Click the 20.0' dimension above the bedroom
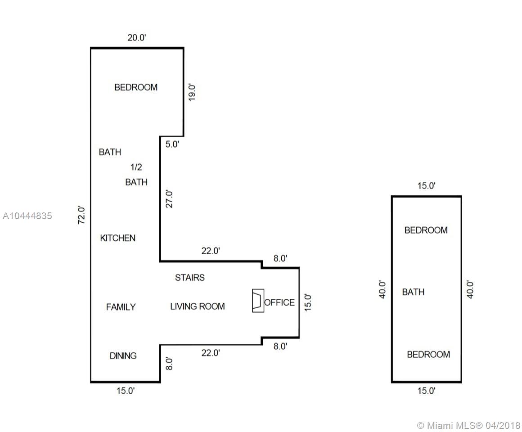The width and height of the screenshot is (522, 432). [x=137, y=38]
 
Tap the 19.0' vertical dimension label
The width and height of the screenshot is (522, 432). [x=192, y=92]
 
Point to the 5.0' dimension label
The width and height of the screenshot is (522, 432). [x=172, y=144]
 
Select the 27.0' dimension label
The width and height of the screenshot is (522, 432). [x=169, y=199]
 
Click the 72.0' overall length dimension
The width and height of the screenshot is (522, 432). [x=81, y=215]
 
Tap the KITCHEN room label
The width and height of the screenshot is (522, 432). [x=118, y=238]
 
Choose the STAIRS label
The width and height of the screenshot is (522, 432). [x=190, y=278]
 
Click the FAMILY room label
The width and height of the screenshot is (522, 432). [x=121, y=307]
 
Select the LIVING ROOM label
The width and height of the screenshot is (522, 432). [x=198, y=306]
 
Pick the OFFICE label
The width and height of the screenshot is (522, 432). [x=279, y=302]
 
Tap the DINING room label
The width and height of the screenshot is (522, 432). [x=123, y=356]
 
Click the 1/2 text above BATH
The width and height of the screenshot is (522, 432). [x=136, y=167]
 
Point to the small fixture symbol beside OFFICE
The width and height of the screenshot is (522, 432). [x=258, y=301]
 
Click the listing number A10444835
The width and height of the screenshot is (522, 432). [x=27, y=216]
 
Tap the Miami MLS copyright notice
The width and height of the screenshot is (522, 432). [x=468, y=425]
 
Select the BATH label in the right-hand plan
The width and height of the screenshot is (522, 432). [x=413, y=292]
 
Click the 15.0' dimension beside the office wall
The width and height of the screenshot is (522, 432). [x=308, y=302]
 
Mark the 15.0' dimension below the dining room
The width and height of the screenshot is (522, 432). [x=126, y=391]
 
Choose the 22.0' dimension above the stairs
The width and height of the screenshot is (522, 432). [x=211, y=251]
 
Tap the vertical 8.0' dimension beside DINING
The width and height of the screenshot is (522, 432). [x=169, y=364]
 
